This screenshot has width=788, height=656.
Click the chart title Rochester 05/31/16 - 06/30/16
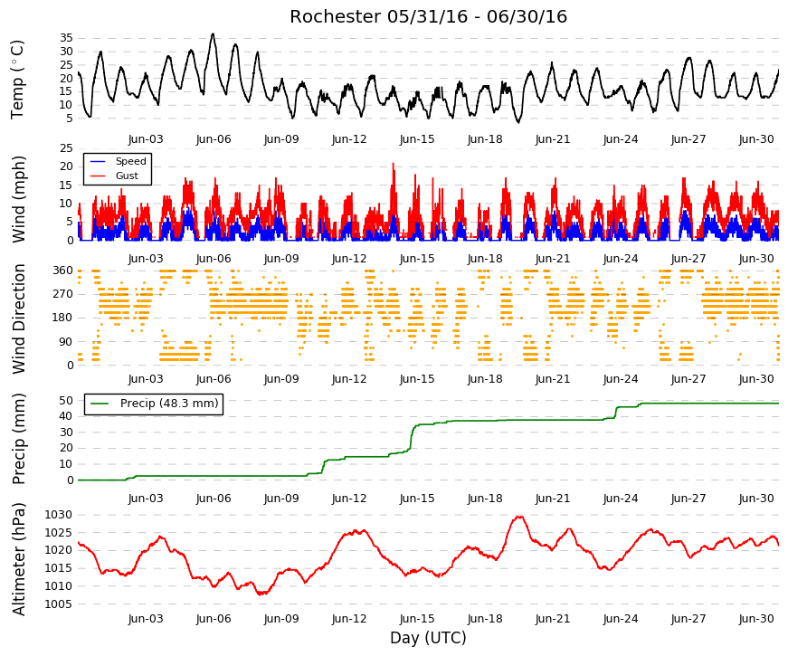click(428, 16)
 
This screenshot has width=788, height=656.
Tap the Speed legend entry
click(130, 161)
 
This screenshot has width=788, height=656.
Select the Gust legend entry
click(127, 176)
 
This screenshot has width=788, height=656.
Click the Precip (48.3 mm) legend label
click(169, 404)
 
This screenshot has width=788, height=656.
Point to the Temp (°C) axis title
click(17, 80)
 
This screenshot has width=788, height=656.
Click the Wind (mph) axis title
click(19, 199)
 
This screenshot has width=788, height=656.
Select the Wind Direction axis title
click(19, 318)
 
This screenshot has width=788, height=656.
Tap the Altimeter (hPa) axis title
click(19, 559)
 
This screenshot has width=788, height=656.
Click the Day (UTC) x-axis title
click(428, 637)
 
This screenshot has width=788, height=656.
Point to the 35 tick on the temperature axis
click(66, 38)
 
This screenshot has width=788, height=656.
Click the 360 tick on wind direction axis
click(63, 271)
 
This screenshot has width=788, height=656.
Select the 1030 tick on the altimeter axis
click(58, 515)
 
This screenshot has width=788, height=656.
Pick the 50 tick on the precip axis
click(66, 401)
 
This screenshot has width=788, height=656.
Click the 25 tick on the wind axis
click(66, 147)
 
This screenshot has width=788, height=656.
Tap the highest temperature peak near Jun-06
click(213, 34)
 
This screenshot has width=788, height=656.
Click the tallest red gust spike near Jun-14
click(394, 164)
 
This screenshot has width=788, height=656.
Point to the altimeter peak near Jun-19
click(519, 517)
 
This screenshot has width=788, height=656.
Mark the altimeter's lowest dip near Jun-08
click(261, 594)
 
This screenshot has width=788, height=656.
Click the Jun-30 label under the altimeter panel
click(756, 619)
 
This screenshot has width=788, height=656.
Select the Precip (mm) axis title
click(19, 439)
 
